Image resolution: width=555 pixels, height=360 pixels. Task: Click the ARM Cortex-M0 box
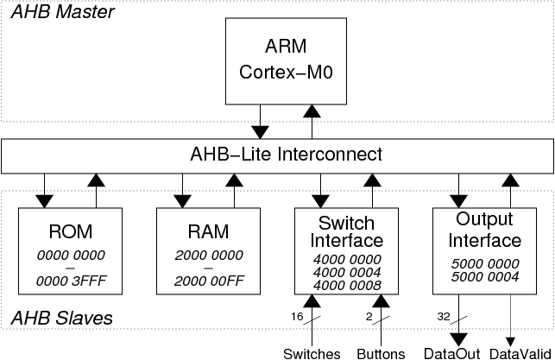coord(286,61)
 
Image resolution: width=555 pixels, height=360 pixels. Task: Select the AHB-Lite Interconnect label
coord(286,155)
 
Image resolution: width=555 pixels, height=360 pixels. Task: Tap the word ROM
coord(71,232)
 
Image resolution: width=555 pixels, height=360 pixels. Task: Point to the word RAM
coord(208,232)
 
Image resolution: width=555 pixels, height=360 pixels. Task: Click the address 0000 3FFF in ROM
coord(71,281)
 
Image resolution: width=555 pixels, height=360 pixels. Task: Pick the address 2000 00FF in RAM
coord(209,281)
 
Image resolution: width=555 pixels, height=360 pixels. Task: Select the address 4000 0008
coord(347,285)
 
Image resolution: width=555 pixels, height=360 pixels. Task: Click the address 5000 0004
coord(485,276)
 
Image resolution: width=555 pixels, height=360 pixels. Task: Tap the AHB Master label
coord(63,12)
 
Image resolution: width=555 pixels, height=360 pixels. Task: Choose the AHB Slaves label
coord(62,318)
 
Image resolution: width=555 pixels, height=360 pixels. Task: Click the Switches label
coord(312,354)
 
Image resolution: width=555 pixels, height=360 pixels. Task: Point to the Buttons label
coord(381,354)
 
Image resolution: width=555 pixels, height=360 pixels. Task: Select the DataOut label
coord(452,354)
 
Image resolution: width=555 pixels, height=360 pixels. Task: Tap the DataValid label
coord(520,354)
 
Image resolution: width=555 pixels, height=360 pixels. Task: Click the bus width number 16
coord(297,317)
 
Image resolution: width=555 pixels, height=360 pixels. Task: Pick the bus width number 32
coord(444,317)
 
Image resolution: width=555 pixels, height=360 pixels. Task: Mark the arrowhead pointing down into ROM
coord(44,201)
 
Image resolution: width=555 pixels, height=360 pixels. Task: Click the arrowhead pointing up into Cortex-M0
coord(312,111)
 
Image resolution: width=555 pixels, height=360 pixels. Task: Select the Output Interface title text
coord(484,230)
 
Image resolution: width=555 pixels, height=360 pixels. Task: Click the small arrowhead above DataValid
coord(510,342)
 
